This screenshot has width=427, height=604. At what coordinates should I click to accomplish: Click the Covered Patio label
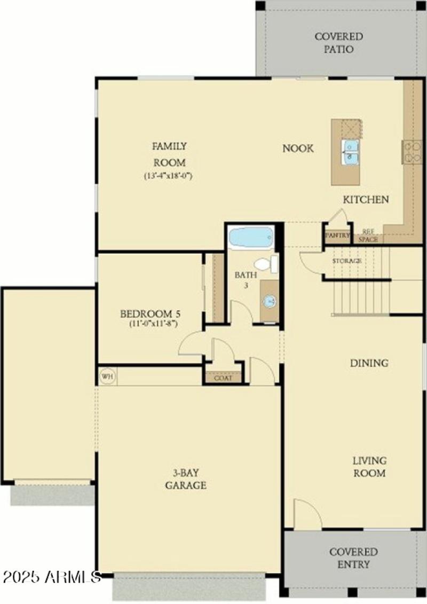(x=338, y=43)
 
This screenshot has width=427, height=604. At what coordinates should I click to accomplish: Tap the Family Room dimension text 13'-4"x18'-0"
(x=168, y=176)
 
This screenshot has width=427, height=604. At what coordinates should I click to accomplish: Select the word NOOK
(x=298, y=148)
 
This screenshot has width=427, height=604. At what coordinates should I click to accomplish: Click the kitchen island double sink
(x=351, y=152)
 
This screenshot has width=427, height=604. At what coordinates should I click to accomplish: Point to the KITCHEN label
(x=366, y=200)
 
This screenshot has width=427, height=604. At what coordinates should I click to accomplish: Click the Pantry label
(x=337, y=235)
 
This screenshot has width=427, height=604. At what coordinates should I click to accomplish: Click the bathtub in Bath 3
(x=251, y=237)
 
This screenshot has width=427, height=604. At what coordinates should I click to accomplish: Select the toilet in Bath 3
(x=266, y=264)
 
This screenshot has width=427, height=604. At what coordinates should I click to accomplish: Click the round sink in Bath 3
(x=270, y=301)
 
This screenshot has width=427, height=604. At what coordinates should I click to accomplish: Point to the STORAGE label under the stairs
(x=347, y=261)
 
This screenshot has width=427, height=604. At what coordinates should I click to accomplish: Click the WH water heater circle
(x=107, y=376)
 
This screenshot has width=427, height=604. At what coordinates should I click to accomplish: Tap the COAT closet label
(x=223, y=378)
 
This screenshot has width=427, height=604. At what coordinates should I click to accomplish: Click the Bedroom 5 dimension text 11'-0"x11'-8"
(x=153, y=323)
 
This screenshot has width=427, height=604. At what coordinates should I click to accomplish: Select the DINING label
(x=369, y=363)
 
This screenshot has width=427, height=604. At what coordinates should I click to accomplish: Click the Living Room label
(x=369, y=466)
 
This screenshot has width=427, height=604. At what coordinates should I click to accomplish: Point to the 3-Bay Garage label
(x=185, y=479)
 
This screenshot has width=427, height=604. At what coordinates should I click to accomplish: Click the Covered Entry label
(x=353, y=558)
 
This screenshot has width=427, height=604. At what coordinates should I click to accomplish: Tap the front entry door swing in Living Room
(x=306, y=515)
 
